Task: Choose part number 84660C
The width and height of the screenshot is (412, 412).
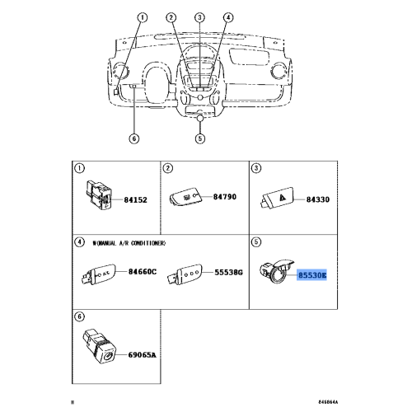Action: [x=142, y=272]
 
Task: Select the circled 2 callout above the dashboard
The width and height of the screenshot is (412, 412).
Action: [x=171, y=17]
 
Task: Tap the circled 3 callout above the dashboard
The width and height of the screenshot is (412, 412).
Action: [x=199, y=17]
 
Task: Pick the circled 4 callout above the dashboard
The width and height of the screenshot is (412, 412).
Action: [x=228, y=17]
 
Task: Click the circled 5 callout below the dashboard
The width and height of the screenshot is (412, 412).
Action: [x=199, y=138]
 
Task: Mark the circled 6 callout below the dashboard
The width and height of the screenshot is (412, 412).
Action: [x=133, y=138]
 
